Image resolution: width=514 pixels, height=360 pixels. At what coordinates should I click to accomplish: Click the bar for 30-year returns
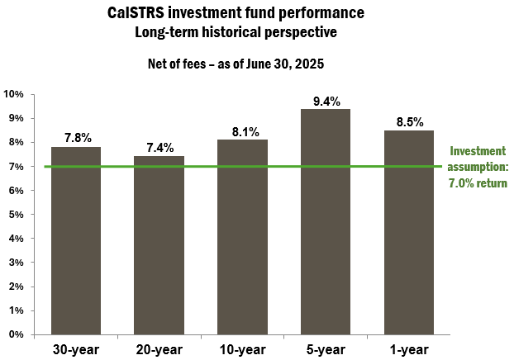point(76,240)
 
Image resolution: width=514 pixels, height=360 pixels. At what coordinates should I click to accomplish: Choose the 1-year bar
point(409,232)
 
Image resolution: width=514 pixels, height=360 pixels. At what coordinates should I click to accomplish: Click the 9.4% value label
point(326,102)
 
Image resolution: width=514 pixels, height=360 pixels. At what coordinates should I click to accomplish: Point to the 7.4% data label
point(159,148)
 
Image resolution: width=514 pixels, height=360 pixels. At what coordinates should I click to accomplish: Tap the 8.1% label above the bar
point(242,131)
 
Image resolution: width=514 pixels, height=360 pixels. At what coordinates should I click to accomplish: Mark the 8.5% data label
point(409,122)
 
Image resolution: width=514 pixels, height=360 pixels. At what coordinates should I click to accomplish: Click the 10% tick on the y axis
point(14,94)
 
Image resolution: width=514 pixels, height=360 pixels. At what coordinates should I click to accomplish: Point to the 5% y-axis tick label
point(17,215)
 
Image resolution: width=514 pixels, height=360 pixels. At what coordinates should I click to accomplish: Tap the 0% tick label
point(17,334)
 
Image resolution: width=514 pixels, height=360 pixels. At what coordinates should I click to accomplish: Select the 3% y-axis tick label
point(17,263)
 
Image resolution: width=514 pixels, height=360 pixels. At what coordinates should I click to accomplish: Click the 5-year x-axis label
point(326,348)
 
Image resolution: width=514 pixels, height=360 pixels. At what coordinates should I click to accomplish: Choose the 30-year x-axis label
point(76,348)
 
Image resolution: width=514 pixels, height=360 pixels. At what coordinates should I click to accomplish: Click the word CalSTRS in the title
point(135,14)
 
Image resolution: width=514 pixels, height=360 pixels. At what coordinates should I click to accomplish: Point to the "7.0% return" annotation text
point(478,182)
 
